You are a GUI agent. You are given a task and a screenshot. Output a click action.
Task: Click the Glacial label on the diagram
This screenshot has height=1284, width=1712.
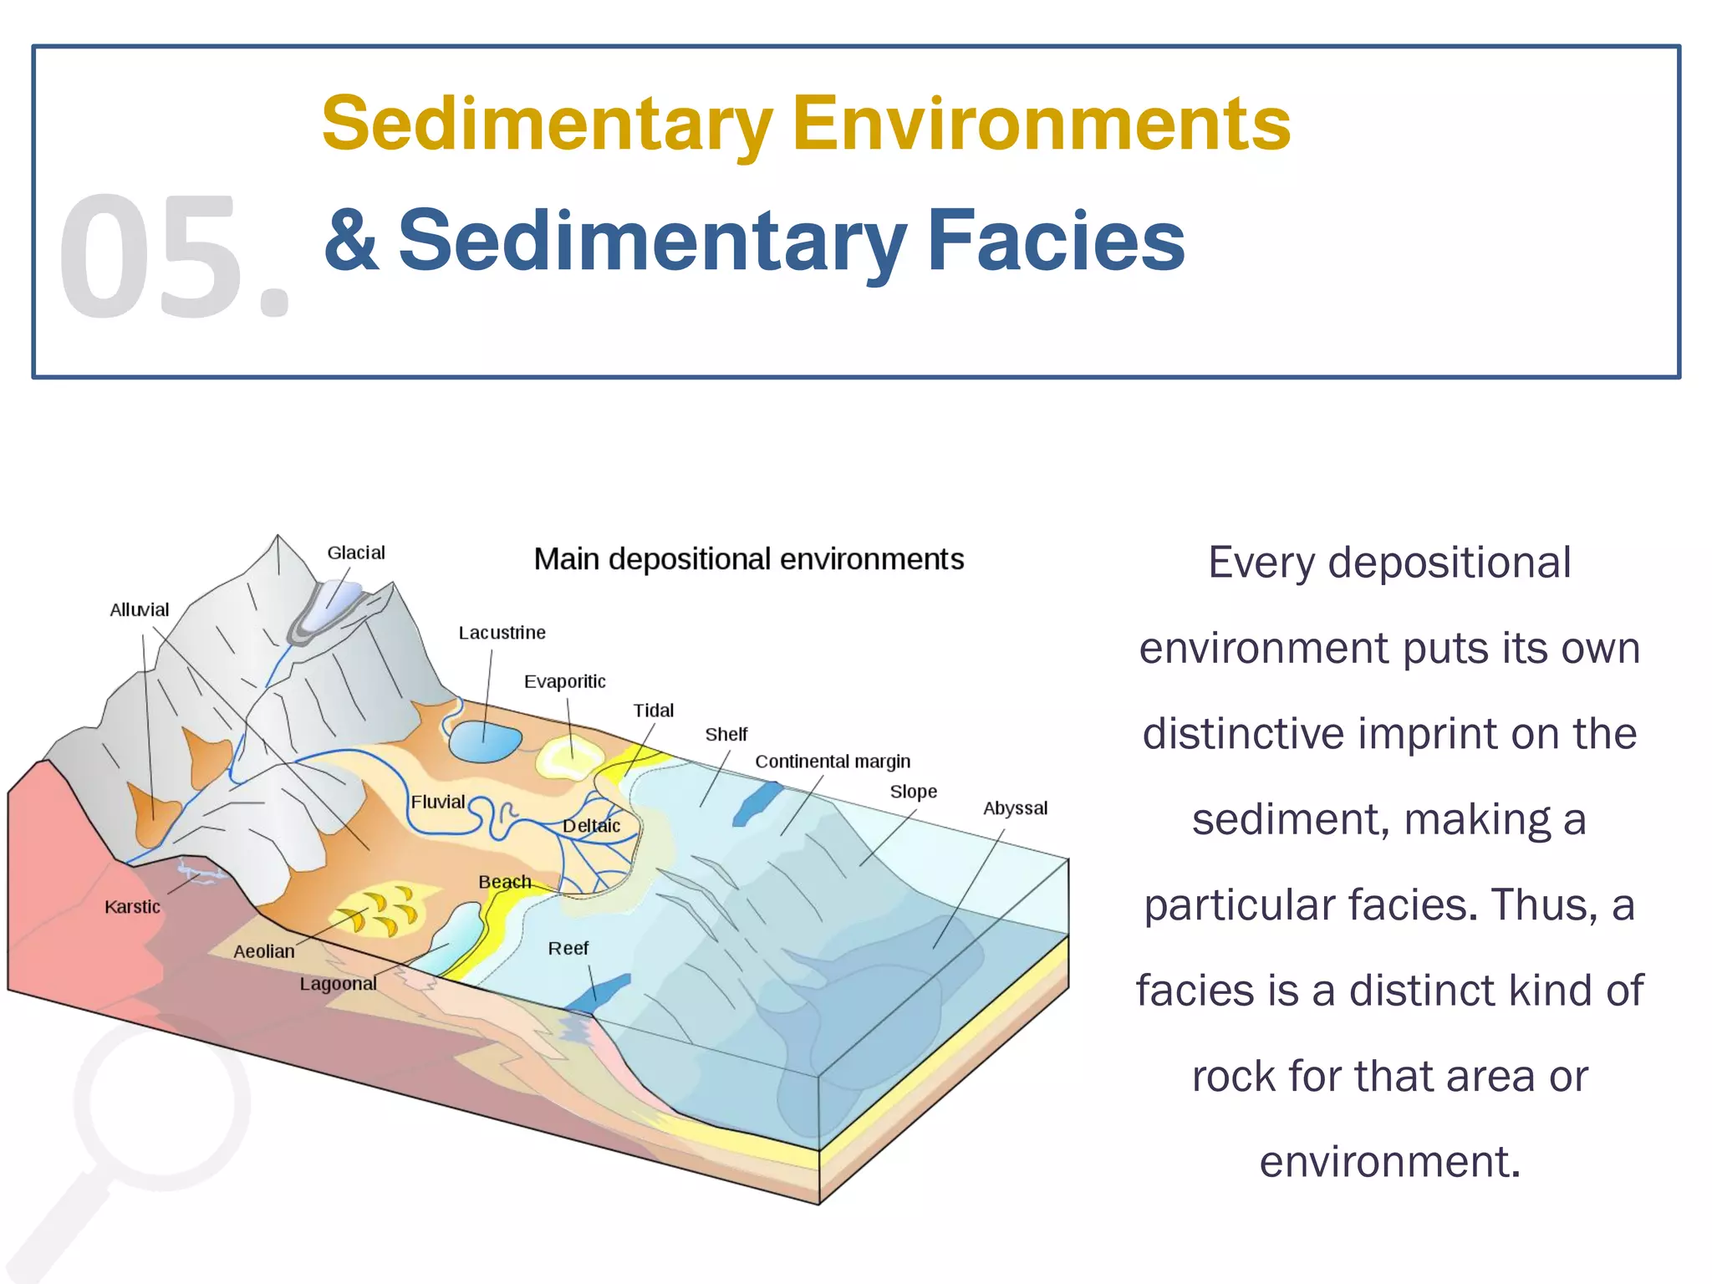point(356,553)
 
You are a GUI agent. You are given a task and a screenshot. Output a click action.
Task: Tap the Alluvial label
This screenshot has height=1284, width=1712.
point(139,610)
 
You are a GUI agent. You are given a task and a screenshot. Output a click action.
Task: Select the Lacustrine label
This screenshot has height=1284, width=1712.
point(502,633)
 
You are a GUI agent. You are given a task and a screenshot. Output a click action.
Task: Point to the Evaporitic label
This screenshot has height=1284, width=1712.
point(564,681)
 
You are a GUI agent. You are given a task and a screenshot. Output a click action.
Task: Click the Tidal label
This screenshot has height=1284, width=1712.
point(653,711)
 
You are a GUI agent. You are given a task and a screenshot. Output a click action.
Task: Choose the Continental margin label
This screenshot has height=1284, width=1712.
point(833,762)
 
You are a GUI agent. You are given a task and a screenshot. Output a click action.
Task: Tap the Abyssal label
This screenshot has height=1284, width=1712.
point(1015,808)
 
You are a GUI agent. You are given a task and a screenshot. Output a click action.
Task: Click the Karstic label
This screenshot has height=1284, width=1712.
point(132,907)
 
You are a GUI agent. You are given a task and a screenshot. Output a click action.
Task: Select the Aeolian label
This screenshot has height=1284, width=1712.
point(264,951)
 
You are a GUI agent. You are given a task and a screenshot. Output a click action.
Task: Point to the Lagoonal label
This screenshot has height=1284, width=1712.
point(338,984)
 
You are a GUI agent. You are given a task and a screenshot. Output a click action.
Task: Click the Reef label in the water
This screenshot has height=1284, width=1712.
point(568,949)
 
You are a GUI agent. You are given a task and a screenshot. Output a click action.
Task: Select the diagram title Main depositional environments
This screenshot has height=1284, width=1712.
point(749,559)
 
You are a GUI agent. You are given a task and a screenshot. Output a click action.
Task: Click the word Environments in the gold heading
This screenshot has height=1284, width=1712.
point(1041,124)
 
